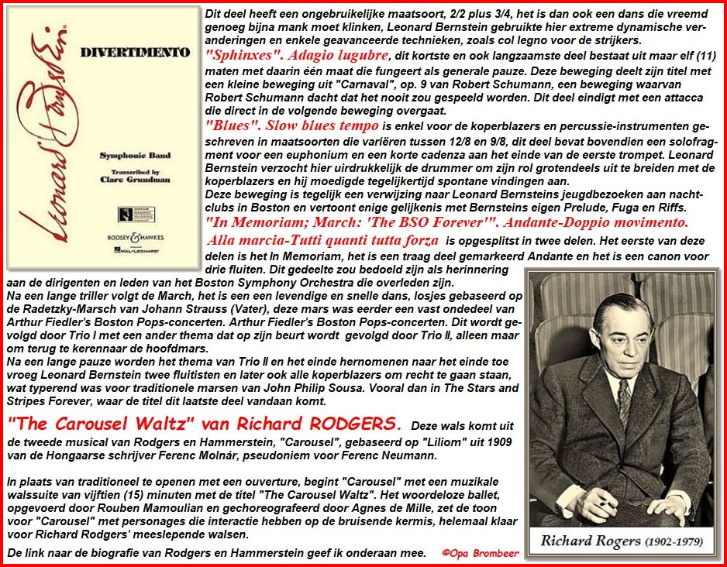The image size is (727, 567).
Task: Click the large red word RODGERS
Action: tap(356, 424)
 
